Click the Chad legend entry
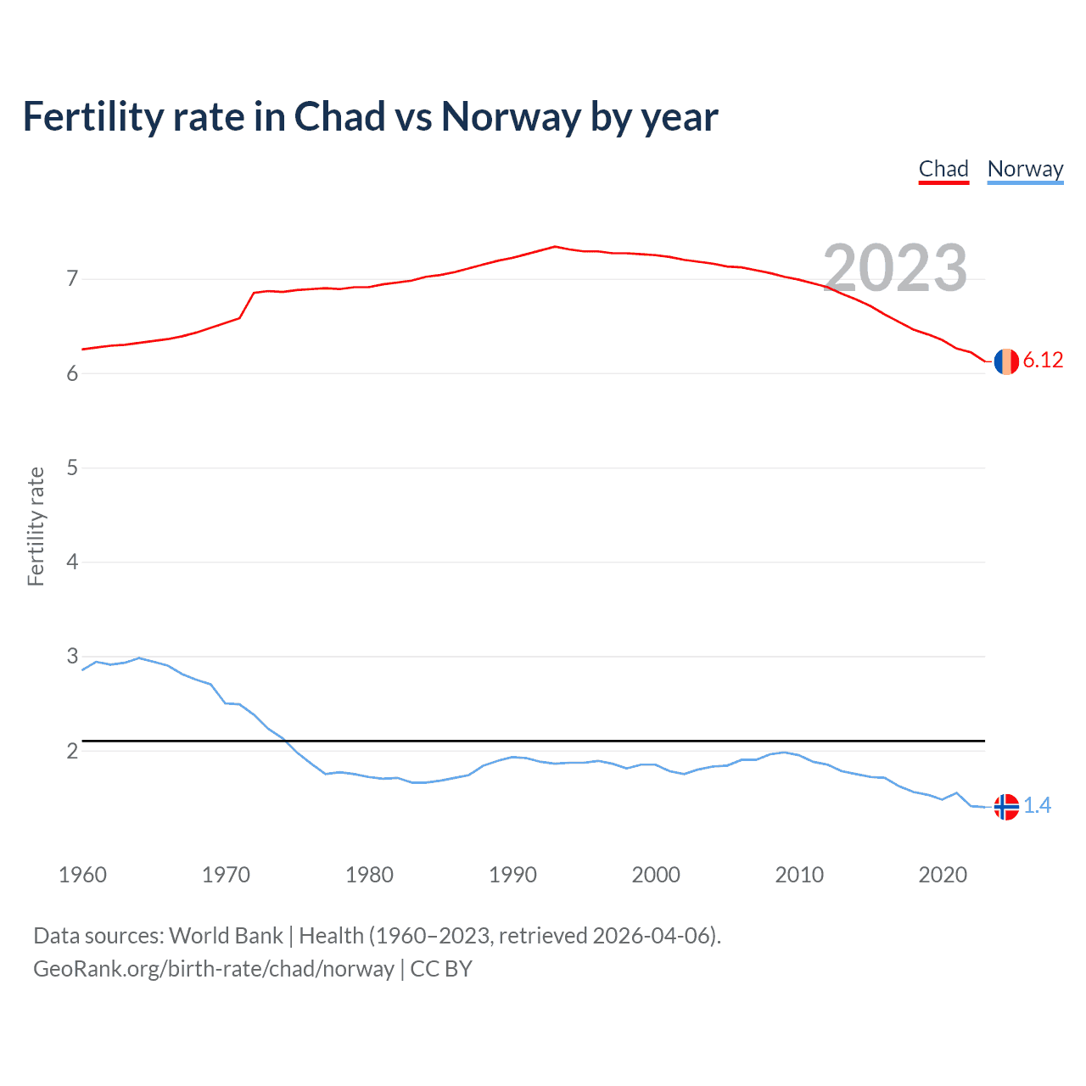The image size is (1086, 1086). point(943,169)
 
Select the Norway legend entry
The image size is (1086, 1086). point(1025,169)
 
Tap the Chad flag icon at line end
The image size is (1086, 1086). point(1006,361)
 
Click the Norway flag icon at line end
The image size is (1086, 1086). point(1006,806)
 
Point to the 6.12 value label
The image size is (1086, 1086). point(1043,361)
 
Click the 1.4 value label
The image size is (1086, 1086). point(1037,805)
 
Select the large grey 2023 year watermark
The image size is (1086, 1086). point(895,268)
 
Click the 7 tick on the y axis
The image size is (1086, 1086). point(72,279)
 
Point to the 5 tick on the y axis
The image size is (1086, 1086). point(72,467)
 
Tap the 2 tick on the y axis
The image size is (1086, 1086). point(72,751)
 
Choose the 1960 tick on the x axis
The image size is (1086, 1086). point(82,875)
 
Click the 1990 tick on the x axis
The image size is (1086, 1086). point(512,875)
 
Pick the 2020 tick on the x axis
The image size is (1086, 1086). point(943,875)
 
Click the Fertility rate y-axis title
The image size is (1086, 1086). point(36,526)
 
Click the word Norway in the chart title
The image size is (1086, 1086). point(510,117)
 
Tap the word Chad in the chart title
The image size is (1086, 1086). point(339,117)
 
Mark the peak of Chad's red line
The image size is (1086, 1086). point(555,246)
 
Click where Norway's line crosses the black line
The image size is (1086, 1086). point(284,741)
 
